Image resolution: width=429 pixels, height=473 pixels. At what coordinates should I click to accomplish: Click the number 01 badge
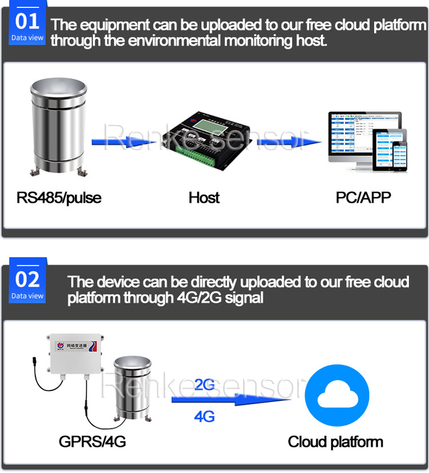tap(27, 26)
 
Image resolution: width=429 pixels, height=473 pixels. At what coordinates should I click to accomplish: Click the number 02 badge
tap(27, 283)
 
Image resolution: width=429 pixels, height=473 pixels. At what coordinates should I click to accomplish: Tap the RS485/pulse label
tap(58, 198)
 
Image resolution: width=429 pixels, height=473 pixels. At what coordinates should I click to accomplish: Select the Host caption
tap(204, 198)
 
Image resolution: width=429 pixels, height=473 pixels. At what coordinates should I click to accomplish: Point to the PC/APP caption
tap(363, 198)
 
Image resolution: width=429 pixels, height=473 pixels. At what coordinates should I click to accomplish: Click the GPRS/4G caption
tap(92, 442)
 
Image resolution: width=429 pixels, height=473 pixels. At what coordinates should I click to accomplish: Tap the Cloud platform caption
tap(335, 442)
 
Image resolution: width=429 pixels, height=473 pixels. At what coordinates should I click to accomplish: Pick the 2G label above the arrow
tap(205, 385)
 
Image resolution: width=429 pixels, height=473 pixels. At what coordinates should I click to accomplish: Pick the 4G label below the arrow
tap(205, 416)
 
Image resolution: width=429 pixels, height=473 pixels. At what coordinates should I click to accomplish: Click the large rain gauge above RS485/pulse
tap(57, 127)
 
